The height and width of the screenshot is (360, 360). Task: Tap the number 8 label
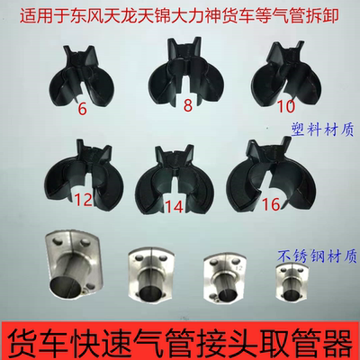click(188, 103)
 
